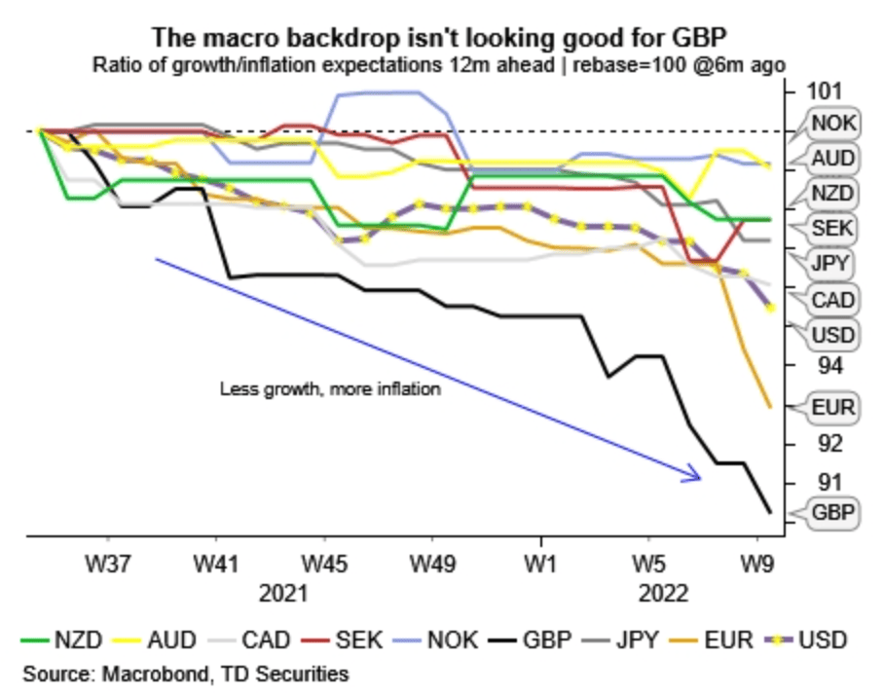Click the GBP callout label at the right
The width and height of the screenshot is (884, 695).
[x=832, y=513]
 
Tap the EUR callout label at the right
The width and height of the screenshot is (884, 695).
[x=832, y=407]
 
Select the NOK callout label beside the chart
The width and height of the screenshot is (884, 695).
[x=832, y=123]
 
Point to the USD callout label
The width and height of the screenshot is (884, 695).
[x=832, y=336]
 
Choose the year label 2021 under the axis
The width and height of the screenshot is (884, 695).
[x=282, y=593]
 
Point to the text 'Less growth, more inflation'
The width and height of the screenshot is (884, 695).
[x=331, y=389]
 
